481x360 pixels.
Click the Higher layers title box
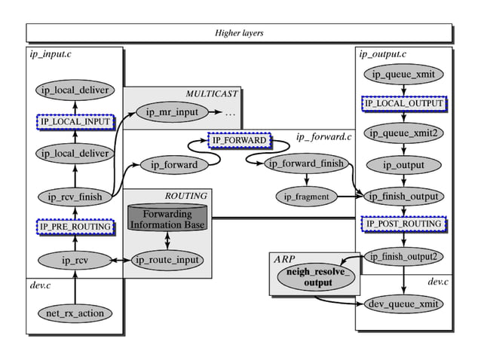coord(240,33)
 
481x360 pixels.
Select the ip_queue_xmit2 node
coord(403,133)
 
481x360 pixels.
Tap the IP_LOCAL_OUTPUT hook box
coord(403,103)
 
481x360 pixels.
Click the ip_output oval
coord(403,165)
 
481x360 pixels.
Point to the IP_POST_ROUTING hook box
coord(403,224)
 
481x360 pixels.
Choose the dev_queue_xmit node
coord(403,304)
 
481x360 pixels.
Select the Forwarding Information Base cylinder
coord(168,218)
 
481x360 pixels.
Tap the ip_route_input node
coord(168,260)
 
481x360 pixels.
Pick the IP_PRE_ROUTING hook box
coord(75,226)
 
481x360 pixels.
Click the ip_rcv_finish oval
coord(75,197)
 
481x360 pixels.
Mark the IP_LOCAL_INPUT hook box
coord(75,121)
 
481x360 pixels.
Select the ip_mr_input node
coord(171,113)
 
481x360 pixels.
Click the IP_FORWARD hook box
coord(239,141)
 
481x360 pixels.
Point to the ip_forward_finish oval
coord(306,164)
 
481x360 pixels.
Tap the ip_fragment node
coord(306,197)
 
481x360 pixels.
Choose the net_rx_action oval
coord(75,312)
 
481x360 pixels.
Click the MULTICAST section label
coord(212,93)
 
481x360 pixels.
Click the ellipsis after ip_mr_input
coord(230,114)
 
